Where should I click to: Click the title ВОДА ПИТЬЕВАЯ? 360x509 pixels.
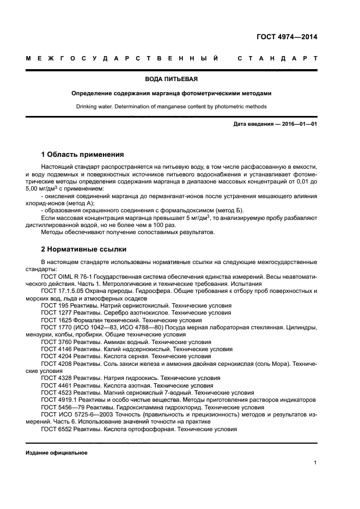click(180, 79)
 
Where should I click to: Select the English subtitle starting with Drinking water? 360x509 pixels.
click(180, 106)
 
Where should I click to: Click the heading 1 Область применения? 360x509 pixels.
click(82, 155)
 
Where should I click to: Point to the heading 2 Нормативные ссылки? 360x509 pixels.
click(84, 249)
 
